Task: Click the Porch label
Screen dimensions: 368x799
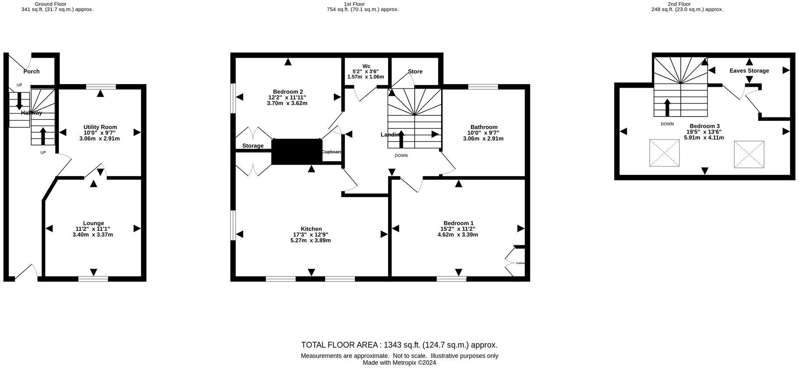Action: (32, 71)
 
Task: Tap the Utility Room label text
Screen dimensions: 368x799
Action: (100, 127)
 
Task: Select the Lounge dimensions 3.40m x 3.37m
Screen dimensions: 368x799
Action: (93, 234)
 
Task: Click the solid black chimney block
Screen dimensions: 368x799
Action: (297, 152)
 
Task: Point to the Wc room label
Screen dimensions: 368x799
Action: (366, 66)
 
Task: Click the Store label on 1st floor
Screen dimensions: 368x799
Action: (415, 71)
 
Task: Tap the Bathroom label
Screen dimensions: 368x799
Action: (484, 127)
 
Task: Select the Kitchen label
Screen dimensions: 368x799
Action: (311, 229)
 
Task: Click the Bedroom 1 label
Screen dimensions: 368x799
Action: (458, 223)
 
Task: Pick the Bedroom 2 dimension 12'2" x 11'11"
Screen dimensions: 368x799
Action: (287, 97)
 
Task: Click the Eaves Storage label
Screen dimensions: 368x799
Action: (749, 71)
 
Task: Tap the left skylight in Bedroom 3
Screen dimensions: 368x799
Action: (664, 153)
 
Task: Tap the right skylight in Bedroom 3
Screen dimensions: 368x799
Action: (749, 154)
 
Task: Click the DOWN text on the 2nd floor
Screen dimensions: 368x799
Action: (667, 124)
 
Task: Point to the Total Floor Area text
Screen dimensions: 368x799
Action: (399, 345)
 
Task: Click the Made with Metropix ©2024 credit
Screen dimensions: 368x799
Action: (399, 363)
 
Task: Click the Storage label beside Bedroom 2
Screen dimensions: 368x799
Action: (253, 146)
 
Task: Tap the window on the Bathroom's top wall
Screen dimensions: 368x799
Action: (483, 87)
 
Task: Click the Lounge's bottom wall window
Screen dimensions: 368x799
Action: (93, 279)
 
